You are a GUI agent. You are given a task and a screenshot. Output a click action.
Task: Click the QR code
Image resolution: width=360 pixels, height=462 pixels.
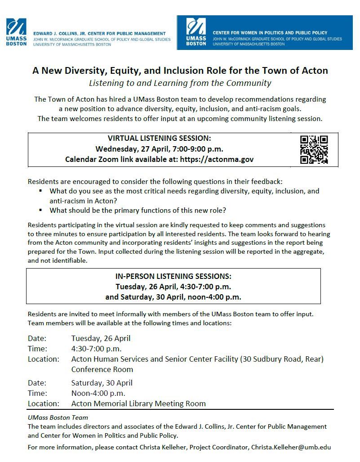click(314, 149)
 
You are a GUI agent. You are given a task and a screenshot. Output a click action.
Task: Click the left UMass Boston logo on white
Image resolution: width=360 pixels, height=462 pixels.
click(16, 32)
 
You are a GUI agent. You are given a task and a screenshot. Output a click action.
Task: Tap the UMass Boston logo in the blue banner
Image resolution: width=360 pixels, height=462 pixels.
click(196, 32)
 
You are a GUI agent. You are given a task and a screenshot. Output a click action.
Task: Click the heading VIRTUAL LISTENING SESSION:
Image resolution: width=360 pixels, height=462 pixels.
click(159, 138)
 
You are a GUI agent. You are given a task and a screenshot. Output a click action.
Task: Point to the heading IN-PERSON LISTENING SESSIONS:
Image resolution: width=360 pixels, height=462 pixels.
click(173, 276)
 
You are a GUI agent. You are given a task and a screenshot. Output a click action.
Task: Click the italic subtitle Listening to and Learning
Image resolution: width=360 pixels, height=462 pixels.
click(180, 83)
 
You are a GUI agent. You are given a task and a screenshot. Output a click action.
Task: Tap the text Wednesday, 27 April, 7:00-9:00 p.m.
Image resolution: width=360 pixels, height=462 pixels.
click(159, 149)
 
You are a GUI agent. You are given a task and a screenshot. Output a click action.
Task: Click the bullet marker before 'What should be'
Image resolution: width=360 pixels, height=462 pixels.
click(40, 210)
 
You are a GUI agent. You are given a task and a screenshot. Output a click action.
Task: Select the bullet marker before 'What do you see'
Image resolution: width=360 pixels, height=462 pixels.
click(40, 191)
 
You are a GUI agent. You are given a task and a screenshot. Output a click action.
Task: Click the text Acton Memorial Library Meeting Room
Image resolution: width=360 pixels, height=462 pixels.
click(138, 404)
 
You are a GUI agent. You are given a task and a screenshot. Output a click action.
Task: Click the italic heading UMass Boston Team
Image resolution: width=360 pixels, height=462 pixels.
click(58, 417)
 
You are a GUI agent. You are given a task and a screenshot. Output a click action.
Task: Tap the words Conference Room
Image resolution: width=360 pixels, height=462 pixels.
click(102, 369)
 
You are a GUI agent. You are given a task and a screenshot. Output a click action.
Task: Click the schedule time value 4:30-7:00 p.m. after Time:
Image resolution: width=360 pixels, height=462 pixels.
click(96, 349)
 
